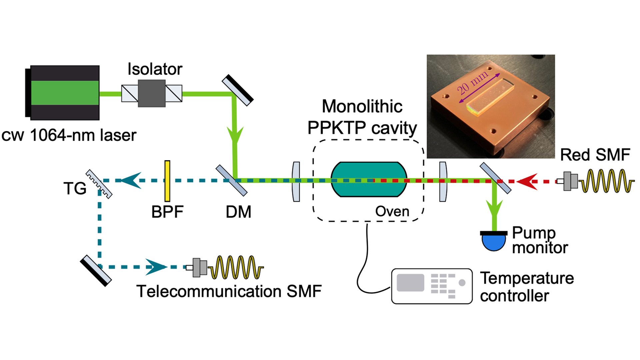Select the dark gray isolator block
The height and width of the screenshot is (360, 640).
coord(152,93)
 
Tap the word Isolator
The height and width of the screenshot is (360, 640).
coord(155,69)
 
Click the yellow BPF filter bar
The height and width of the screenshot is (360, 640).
coord(167,181)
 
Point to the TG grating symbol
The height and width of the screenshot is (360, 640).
coord(99,184)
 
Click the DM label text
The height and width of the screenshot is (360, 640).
coord(238,212)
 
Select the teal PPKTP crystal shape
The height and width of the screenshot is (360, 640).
coord(369,179)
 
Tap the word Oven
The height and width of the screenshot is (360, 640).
coord(392,211)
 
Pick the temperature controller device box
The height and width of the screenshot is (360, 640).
coord(432,286)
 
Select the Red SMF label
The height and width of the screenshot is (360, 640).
coord(595,155)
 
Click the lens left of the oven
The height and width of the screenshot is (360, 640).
coord(296,182)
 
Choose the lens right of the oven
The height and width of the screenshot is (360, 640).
coord(443,182)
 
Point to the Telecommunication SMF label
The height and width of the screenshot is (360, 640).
coord(229,291)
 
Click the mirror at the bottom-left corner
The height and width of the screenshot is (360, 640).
coord(96,271)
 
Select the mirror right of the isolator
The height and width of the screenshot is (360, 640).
coord(238,90)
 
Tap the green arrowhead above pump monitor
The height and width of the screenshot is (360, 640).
coord(494,208)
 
